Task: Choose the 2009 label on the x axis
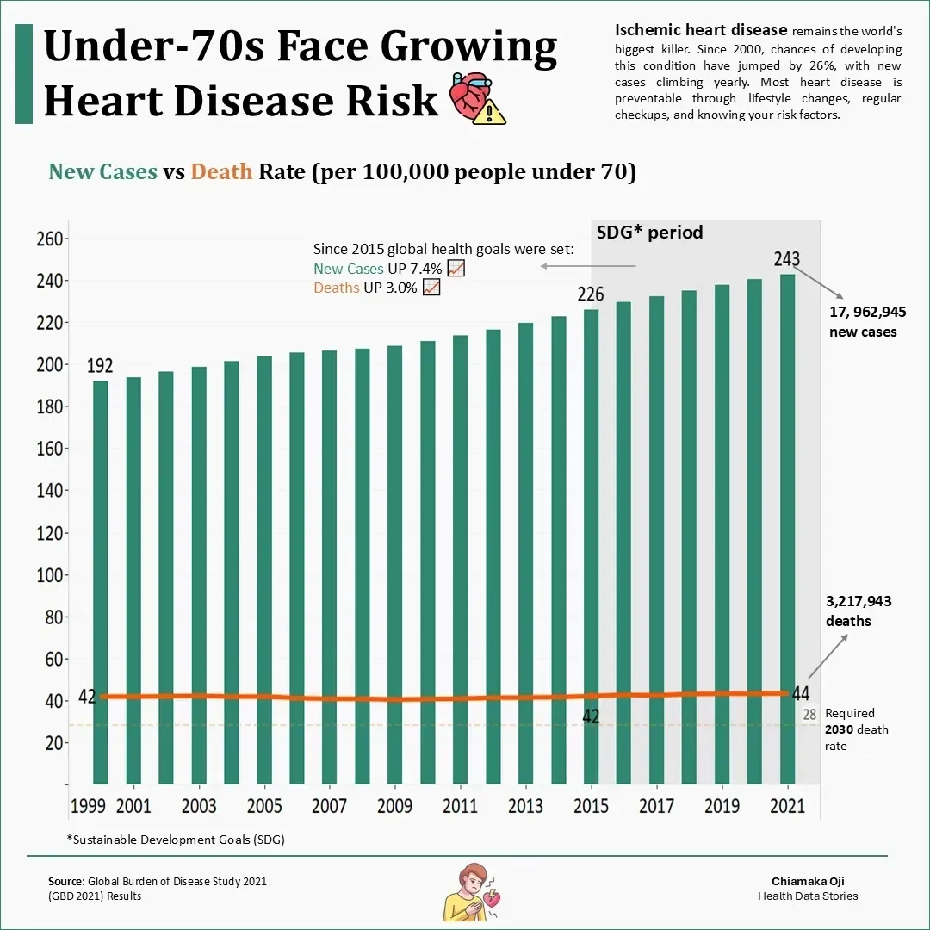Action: coord(394,806)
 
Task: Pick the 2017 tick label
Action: coord(656,806)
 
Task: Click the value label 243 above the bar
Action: coord(787,259)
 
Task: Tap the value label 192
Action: coord(100,366)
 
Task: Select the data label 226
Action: coord(591,294)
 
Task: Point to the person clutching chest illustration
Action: coord(464,890)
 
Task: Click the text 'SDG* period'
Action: coord(649,232)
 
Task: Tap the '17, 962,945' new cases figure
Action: coord(867,312)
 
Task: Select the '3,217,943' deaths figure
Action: coord(859,602)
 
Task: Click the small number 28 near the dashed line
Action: coord(809,714)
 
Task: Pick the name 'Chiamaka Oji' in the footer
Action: coord(808,881)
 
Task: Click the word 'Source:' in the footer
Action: coord(65,881)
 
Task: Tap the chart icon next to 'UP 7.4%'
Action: coord(457,269)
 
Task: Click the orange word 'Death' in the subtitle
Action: coord(221,171)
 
